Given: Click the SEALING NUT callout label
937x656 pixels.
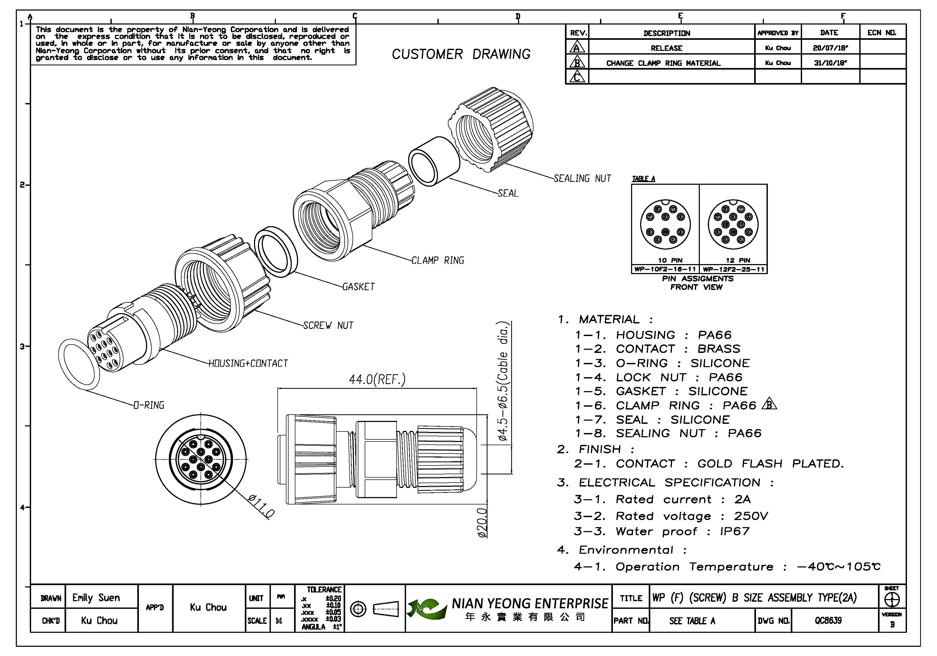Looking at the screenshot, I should point(582,178).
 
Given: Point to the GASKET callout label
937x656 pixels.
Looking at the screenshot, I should point(358,286).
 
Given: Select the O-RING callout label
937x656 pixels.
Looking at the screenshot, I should point(149,405).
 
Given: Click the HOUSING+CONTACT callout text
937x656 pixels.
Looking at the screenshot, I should point(248,363).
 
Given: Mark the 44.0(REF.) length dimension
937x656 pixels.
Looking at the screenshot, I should point(377,380).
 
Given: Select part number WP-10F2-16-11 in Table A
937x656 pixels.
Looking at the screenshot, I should point(665,269).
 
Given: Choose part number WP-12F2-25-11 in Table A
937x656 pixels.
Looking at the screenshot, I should point(733,269).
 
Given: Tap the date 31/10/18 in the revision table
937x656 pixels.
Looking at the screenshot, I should point(830,63).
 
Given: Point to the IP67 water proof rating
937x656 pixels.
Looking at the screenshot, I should point(735,532).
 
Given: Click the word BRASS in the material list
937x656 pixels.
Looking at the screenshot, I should point(719,349).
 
